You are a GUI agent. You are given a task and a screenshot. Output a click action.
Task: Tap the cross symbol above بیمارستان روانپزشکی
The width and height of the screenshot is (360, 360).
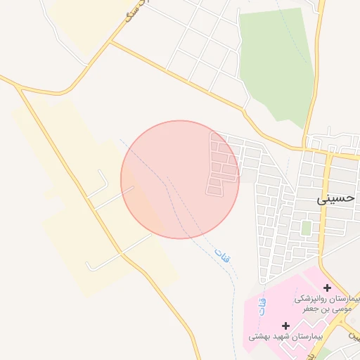tap(327, 288)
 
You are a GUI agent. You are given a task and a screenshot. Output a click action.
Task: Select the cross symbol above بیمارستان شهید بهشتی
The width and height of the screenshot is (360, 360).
tap(285, 326)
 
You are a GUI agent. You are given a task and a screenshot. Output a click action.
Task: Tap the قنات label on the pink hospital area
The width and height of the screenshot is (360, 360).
tap(263, 306)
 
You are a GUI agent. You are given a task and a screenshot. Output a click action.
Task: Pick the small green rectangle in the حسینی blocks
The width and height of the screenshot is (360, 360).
tap(306, 228)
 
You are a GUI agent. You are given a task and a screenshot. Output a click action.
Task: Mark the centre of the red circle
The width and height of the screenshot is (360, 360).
tap(180, 179)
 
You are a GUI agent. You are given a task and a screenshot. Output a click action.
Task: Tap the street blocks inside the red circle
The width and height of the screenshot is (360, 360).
tap(221, 165)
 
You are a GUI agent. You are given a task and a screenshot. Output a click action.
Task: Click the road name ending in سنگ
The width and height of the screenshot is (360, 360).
tap(138, 10)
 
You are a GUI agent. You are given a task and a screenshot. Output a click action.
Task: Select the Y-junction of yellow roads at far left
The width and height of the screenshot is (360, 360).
tap(19, 87)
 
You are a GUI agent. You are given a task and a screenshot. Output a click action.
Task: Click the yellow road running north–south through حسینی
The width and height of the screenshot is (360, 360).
tap(327, 211)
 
